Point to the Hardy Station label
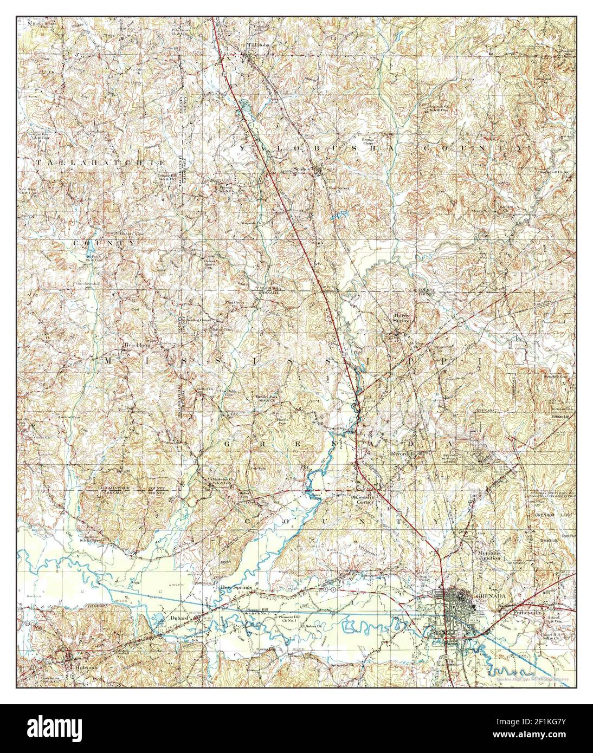click(402, 318)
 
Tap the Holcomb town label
click(74, 661)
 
